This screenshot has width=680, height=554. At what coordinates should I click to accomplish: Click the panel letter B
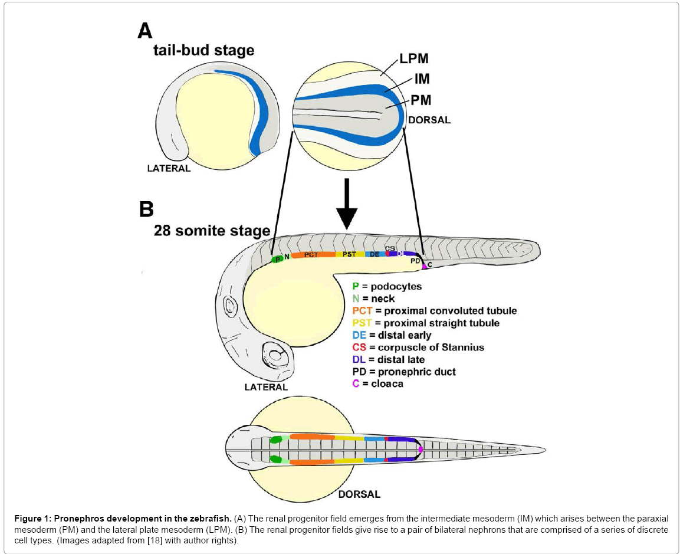[146, 209]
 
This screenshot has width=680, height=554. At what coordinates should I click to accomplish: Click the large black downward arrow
[347, 204]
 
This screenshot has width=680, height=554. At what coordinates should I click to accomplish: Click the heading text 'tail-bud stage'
[203, 50]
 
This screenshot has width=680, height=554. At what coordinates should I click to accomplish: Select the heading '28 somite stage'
[211, 231]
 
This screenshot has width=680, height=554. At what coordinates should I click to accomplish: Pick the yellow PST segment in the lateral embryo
[350, 254]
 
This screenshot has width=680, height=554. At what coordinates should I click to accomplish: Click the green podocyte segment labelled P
[277, 259]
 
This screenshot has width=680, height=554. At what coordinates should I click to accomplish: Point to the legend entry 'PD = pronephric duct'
[403, 372]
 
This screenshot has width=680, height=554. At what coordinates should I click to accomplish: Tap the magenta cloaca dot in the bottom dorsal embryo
[420, 450]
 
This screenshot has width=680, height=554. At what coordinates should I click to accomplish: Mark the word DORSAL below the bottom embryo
[359, 494]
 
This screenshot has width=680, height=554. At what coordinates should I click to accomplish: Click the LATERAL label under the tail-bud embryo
[169, 168]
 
